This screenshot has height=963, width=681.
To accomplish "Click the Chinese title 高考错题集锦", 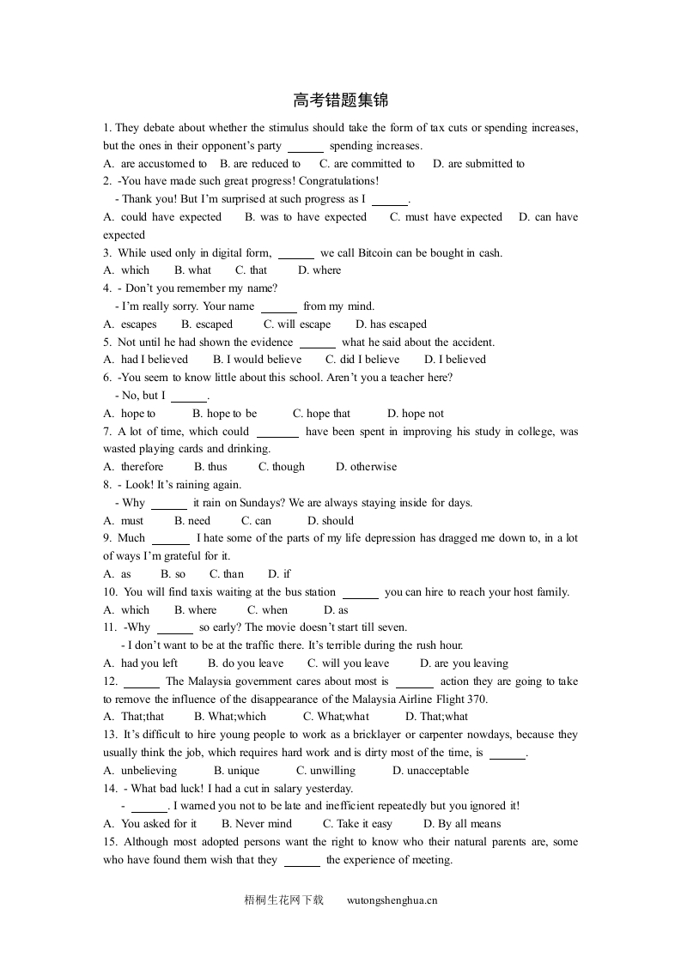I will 340,101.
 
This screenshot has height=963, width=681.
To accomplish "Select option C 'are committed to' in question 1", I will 367,164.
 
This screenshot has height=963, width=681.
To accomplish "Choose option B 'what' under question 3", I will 193,270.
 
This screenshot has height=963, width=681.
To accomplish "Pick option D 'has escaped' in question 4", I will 391,324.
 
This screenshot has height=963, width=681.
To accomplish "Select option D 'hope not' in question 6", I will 416,414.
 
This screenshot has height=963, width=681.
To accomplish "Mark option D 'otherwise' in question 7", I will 367,467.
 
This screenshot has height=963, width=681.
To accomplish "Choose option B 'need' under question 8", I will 192,521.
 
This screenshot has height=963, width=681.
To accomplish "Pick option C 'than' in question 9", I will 227,574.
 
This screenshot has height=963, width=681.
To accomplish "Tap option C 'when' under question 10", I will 269,610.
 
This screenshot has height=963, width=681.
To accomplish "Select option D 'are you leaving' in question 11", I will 464,663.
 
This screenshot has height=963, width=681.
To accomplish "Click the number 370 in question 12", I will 477,700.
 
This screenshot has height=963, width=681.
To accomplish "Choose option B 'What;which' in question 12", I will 230,717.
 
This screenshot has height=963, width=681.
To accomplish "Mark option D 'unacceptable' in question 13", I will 431,771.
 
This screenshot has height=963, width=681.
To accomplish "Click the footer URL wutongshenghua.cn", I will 392,900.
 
